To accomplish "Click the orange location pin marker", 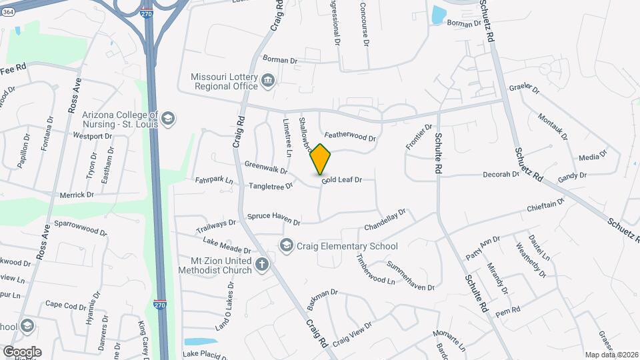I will [x=321, y=159].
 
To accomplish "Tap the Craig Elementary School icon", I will [x=287, y=246].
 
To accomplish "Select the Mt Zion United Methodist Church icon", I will [x=263, y=265].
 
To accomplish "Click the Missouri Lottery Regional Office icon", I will [x=268, y=81].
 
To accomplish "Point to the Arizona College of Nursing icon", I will [x=168, y=119].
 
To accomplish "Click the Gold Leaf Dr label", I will [x=341, y=180].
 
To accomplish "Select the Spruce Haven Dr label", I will [x=274, y=217].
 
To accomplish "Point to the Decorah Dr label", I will [x=501, y=175].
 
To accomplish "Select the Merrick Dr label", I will [x=77, y=195].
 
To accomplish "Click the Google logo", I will [x=22, y=351].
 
